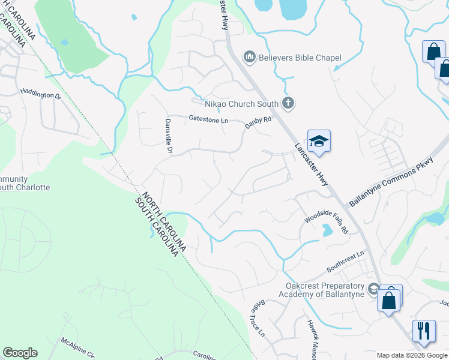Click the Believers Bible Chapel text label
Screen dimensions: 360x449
pyautogui.click(x=300, y=58)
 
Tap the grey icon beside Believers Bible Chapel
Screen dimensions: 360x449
pyautogui.click(x=250, y=58)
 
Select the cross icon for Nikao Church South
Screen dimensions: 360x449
pyautogui.click(x=288, y=104)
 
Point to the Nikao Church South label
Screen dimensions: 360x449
pyautogui.click(x=243, y=104)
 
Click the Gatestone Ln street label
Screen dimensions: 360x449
pyautogui.click(x=209, y=120)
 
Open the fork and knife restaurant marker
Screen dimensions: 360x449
pyautogui.click(x=424, y=331)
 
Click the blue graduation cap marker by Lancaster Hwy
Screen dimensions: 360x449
pyautogui.click(x=319, y=142)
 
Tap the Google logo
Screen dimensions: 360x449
pyautogui.click(x=20, y=353)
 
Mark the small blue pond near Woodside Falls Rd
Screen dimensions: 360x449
pyautogui.click(x=327, y=230)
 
